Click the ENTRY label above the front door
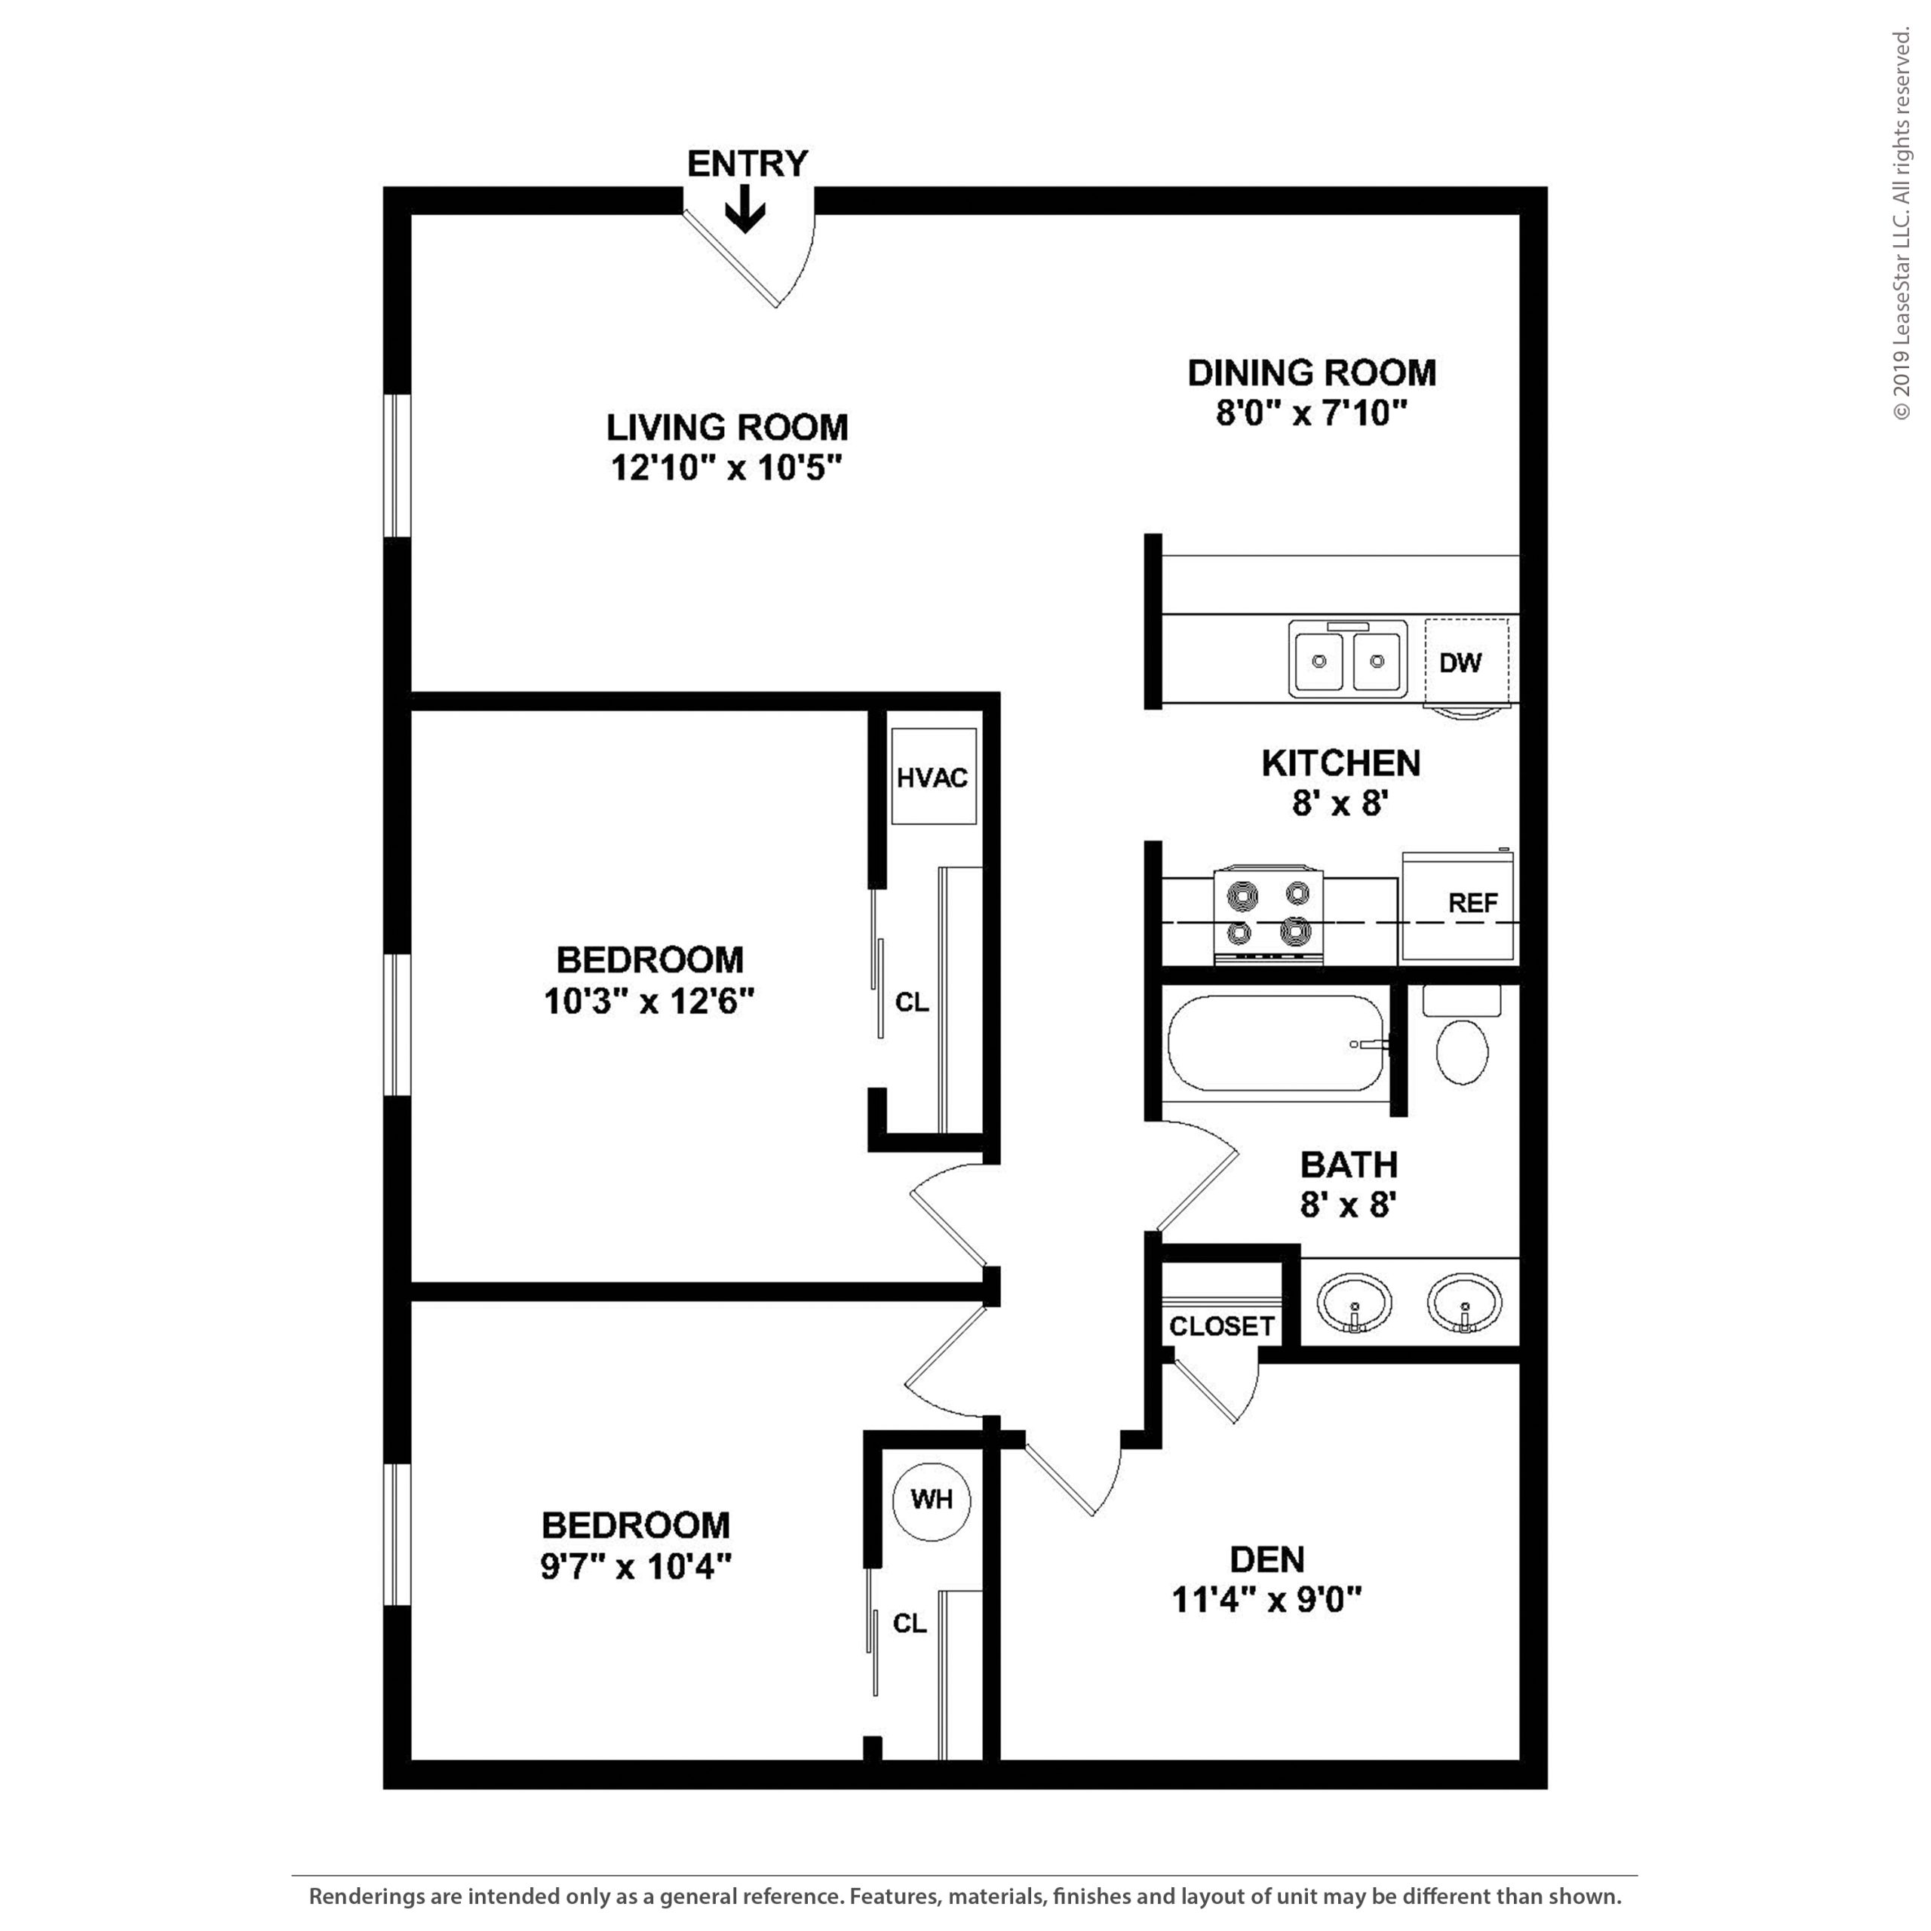point(747,163)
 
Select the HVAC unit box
point(932,777)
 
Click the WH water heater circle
point(932,1500)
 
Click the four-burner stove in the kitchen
point(1268,916)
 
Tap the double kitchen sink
point(1347,660)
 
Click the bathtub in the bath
point(1276,1043)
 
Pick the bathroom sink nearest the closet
point(1354,1303)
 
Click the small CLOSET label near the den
point(1221,1326)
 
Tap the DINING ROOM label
point(1311,373)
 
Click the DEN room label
point(1266,1559)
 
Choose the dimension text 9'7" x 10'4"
point(637,1566)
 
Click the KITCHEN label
point(1340,763)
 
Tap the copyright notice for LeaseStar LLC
point(1901,225)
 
